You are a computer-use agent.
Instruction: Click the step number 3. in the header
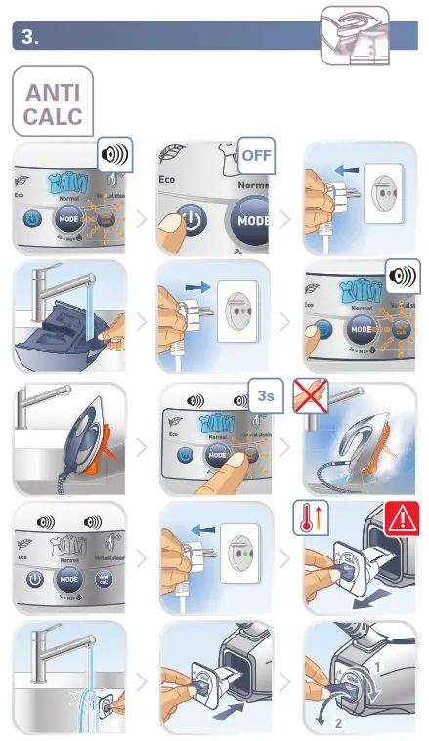[x=30, y=37]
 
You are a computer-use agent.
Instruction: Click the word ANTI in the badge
[x=54, y=92]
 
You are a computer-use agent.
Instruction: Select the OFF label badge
[x=258, y=155]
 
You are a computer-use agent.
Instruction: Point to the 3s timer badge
[x=265, y=394]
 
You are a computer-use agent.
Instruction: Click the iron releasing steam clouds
[x=362, y=443]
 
